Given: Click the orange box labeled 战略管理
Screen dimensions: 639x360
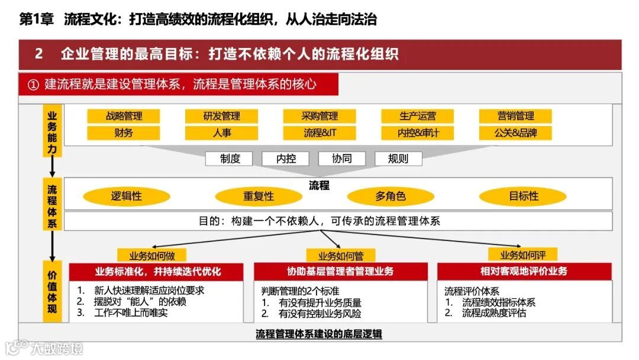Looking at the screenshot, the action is pos(124,116).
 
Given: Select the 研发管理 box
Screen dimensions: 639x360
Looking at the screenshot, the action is pos(222,116).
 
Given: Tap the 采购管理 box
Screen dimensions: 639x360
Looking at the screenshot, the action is pos(320,116).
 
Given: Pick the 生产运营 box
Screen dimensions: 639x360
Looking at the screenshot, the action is pos(418,116).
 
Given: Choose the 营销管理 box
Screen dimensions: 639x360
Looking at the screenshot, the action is pos(515,116).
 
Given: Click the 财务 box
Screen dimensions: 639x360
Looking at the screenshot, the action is pos(124,133).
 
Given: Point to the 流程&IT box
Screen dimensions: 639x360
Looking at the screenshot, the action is pos(320,133).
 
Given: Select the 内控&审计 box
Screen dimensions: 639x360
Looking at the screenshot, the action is pos(418,133).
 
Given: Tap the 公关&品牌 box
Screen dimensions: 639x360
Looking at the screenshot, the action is pos(515,133).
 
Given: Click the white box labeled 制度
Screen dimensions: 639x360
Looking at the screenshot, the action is pos(229,159).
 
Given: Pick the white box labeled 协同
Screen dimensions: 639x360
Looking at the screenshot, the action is pos(342,159).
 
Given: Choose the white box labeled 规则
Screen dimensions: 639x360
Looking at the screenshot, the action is pos(398,159).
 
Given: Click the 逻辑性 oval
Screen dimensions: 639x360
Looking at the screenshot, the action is pos(127,197).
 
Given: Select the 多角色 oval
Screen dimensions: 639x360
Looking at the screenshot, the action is pos(390,197).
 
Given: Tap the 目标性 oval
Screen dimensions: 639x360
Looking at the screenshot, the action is pos(523,197).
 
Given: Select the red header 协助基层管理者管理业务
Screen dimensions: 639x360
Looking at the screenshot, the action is pos(340,272).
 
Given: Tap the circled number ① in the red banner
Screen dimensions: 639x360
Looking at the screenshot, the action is pos(33,85).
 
